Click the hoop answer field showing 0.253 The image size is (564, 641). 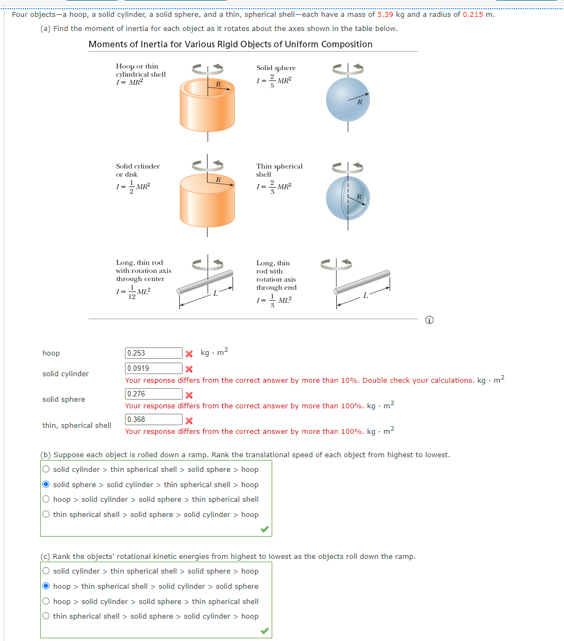154,353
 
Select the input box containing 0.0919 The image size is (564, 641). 154,369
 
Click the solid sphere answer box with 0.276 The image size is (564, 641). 154,394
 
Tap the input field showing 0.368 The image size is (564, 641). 154,420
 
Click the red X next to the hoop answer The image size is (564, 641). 189,354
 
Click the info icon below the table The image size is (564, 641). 430,320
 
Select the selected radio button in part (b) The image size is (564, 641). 46,484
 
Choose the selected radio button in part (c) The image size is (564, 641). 46,586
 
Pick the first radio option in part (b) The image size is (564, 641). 46,470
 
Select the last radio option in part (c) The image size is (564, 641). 46,616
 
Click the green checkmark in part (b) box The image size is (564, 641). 264,528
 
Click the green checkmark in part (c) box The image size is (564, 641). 264,630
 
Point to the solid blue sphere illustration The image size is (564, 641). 348,100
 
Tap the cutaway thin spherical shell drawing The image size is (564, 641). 348,198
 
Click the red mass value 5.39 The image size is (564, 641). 385,15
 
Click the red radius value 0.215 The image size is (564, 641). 473,15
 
